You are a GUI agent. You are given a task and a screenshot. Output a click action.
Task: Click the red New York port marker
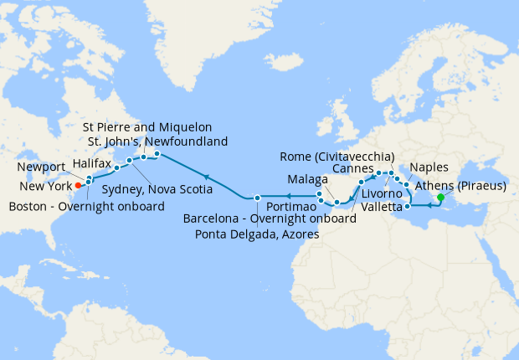[x=78, y=185]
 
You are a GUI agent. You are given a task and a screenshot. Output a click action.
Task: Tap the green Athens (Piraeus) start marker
[x=441, y=198]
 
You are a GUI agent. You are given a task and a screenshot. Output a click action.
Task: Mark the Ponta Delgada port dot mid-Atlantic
[x=257, y=198]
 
